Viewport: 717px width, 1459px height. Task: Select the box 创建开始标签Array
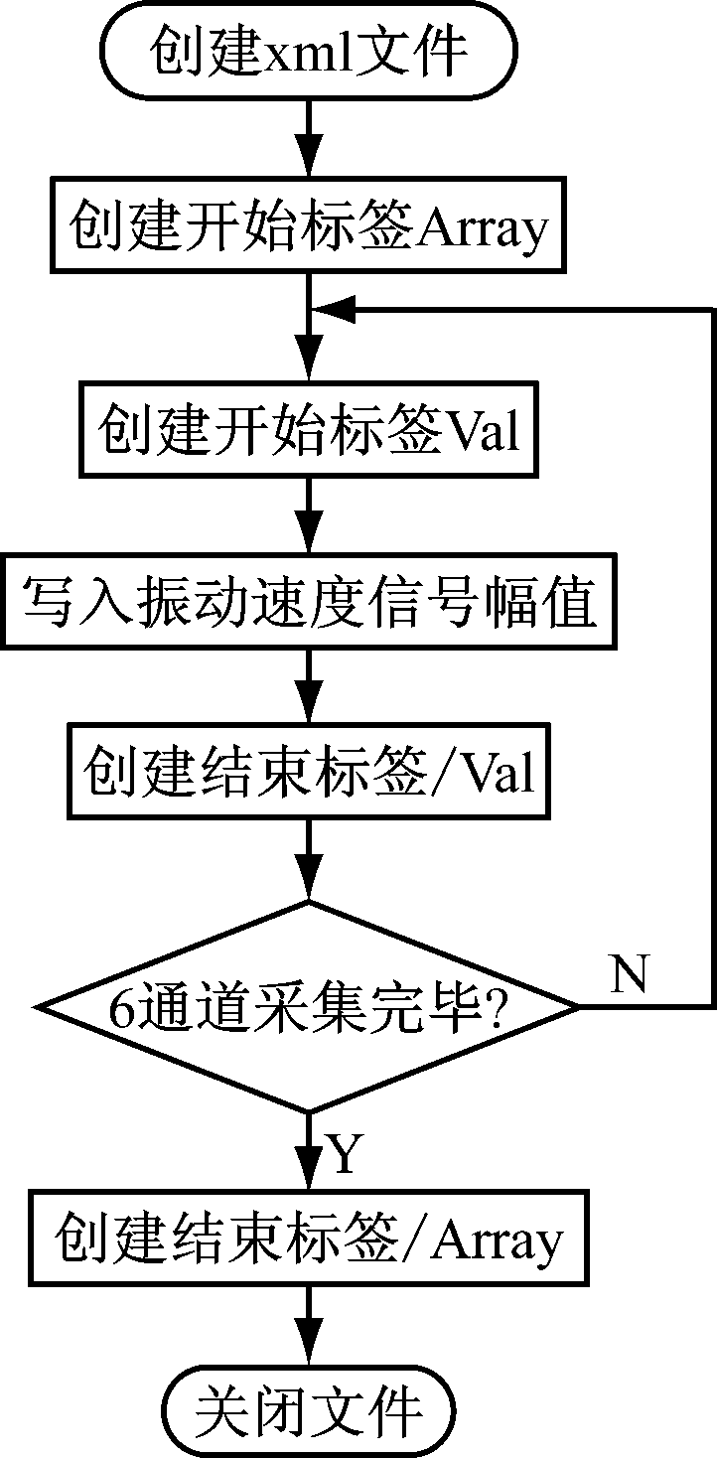point(308,229)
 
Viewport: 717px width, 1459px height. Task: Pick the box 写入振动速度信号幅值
point(308,603)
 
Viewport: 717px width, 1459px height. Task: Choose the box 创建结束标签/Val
point(308,773)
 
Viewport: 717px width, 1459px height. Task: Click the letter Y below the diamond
point(343,1154)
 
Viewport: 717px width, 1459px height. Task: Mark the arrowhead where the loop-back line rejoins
point(333,310)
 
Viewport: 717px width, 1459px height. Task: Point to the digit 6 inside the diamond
point(121,1010)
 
